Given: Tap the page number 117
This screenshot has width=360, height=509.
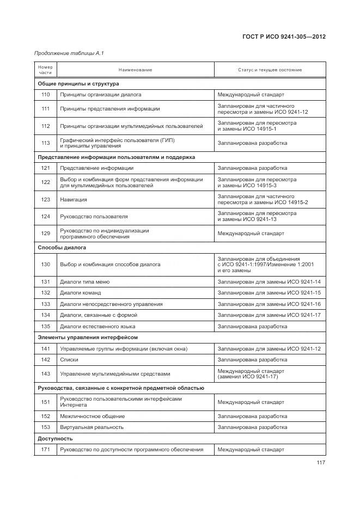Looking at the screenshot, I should click(x=320, y=463).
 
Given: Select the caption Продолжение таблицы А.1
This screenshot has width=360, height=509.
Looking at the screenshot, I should click(x=69, y=53).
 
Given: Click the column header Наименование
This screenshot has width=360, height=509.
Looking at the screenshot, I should click(x=135, y=70).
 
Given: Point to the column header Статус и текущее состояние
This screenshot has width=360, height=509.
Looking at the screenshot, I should click(x=270, y=70).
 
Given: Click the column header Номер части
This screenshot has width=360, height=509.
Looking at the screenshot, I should click(x=45, y=70).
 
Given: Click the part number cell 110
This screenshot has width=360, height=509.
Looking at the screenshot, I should click(x=45, y=94).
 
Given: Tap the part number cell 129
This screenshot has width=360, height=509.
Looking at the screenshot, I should click(x=45, y=234).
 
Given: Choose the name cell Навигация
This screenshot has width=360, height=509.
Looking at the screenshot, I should click(x=73, y=200).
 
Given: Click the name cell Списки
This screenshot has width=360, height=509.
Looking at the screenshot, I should click(x=69, y=360).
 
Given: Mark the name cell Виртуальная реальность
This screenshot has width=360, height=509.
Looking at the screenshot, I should click(x=91, y=427).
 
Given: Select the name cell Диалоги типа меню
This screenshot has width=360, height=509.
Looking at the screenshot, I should click(x=84, y=282).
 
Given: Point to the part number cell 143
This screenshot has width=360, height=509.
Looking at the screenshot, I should click(x=45, y=374).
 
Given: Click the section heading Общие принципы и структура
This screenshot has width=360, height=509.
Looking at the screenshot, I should click(x=78, y=84).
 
